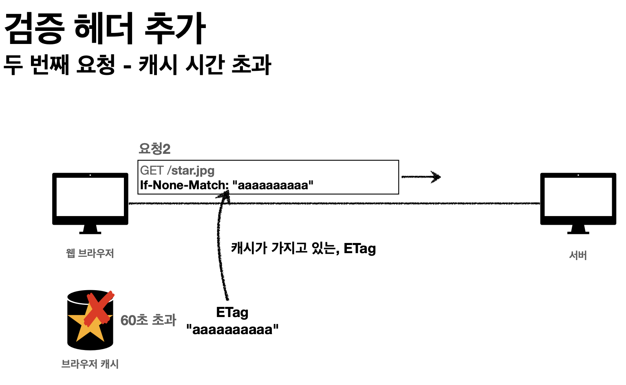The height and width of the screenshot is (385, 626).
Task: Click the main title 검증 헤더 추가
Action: click(x=105, y=28)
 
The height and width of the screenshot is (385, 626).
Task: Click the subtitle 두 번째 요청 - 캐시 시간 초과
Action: click(x=137, y=65)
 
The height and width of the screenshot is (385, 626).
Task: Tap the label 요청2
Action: click(x=154, y=149)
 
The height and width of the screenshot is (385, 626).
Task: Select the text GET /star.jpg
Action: click(x=177, y=171)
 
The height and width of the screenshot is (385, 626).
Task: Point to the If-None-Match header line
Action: click(x=227, y=185)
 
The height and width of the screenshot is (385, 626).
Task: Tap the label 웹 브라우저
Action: click(x=90, y=254)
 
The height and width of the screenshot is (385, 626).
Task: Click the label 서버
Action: click(x=578, y=256)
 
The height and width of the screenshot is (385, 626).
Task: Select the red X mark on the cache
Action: click(x=99, y=308)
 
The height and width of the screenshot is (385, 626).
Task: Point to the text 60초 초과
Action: click(x=148, y=320)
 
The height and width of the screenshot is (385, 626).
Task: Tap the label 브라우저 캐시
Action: click(x=90, y=364)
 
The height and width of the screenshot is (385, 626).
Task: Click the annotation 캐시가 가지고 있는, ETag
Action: click(x=303, y=248)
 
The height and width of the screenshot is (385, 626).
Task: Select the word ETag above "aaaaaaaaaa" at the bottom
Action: click(x=232, y=313)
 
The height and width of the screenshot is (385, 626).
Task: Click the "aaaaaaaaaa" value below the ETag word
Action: click(x=232, y=329)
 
